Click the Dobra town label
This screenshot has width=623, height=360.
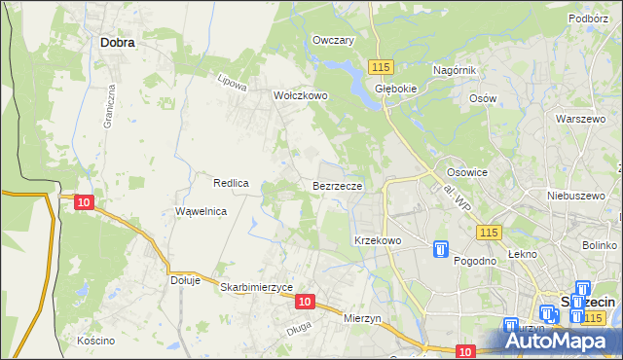click(x=118, y=43)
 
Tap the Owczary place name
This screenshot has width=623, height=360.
click(x=332, y=41)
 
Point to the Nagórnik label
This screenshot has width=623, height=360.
click(x=454, y=71)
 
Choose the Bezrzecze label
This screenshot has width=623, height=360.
click(x=338, y=185)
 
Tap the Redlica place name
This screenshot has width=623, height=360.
click(x=232, y=183)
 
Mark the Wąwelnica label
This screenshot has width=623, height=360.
click(x=201, y=211)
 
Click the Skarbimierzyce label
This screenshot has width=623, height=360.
click(x=256, y=287)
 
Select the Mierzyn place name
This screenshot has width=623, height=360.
click(x=367, y=317)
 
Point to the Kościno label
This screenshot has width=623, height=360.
click(x=96, y=341)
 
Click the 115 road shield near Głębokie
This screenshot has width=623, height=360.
click(x=381, y=65)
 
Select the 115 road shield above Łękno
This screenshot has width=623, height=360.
click(x=489, y=232)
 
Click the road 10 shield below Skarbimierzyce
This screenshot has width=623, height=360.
click(x=305, y=303)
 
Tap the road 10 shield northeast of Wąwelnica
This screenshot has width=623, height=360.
click(x=84, y=201)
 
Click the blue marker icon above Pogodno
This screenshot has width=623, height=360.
click(x=441, y=250)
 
